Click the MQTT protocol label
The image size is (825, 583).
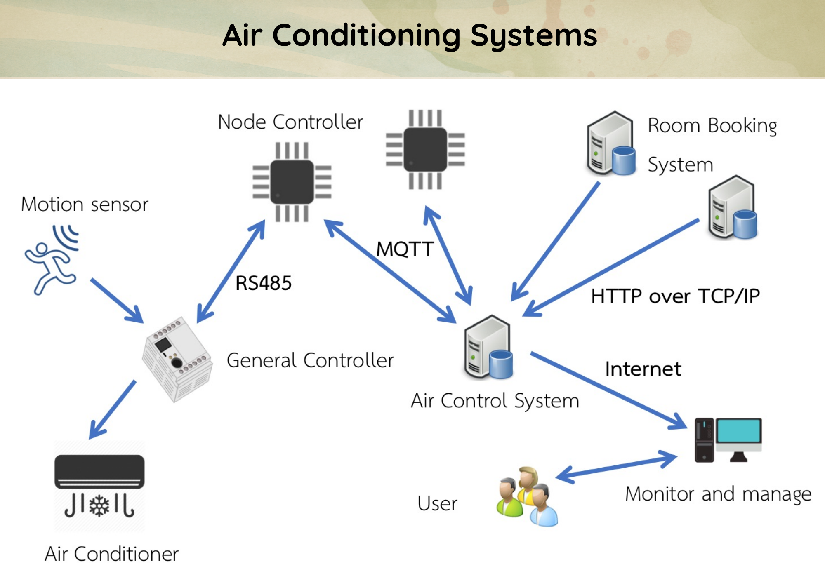pyautogui.click(x=405, y=249)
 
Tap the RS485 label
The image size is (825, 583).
pyautogui.click(x=263, y=283)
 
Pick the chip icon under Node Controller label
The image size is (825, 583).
pyautogui.click(x=292, y=182)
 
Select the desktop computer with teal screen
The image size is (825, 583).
pyautogui.click(x=728, y=440)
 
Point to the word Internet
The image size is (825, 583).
pyautogui.click(x=643, y=369)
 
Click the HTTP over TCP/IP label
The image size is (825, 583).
pyautogui.click(x=675, y=296)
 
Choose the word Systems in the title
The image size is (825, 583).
pyautogui.click(x=534, y=35)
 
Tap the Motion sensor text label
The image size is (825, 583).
pyautogui.click(x=85, y=205)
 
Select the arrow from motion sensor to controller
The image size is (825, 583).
pyautogui.click(x=116, y=300)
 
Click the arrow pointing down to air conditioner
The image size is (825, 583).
pyautogui.click(x=113, y=409)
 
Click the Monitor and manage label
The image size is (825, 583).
pyautogui.click(x=718, y=494)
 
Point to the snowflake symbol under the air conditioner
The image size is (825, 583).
pyautogui.click(x=99, y=506)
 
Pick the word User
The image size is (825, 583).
pyautogui.click(x=437, y=503)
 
